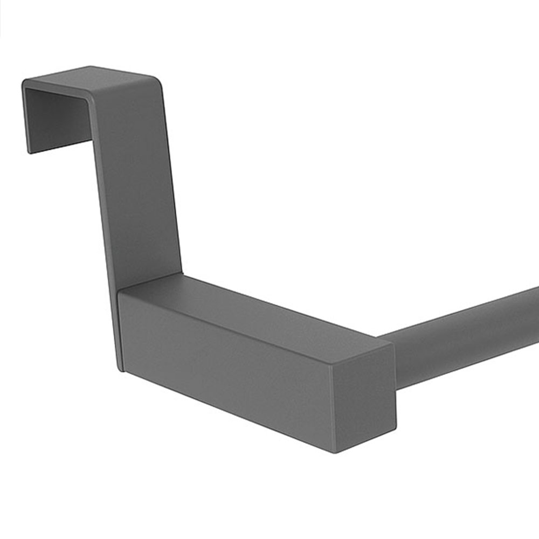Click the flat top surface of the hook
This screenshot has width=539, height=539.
coord(92,78)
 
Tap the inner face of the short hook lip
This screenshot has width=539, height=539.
coord(57,116)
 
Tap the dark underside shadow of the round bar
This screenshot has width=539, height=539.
coord(464,367)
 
